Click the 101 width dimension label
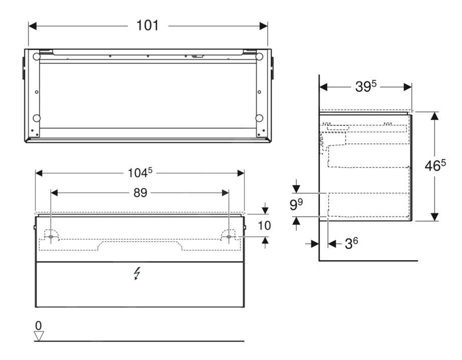coord(148,25)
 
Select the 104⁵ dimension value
coord(139,173)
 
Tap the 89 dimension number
coord(140,193)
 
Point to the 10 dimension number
coord(264,226)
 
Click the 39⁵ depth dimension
coord(365,86)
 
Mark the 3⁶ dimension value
coord(351,244)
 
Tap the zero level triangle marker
coord(39,336)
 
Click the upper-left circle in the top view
coord(37,57)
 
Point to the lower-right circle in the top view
coord(259,118)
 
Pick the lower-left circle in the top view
coord(37,118)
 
